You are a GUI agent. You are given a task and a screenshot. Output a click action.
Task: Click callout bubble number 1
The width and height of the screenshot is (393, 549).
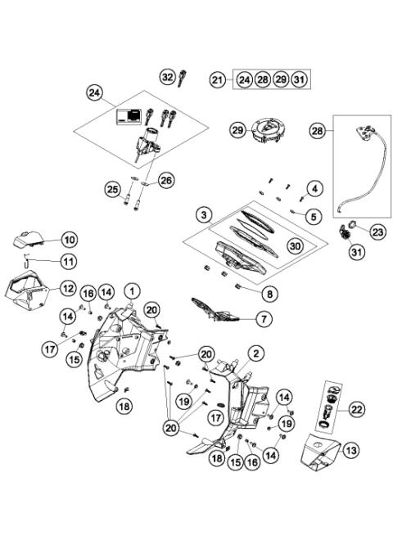(133, 290)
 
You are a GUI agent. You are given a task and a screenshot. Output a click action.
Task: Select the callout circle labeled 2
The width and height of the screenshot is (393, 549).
(255, 353)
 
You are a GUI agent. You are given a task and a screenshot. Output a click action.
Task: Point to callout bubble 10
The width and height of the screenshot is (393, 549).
(69, 240)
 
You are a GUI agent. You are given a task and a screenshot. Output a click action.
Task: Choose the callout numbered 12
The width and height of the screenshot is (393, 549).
(69, 287)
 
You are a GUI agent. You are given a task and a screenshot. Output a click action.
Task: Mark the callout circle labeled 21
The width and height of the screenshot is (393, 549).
(217, 79)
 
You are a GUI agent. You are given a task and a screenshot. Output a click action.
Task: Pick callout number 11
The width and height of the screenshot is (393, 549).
(69, 262)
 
